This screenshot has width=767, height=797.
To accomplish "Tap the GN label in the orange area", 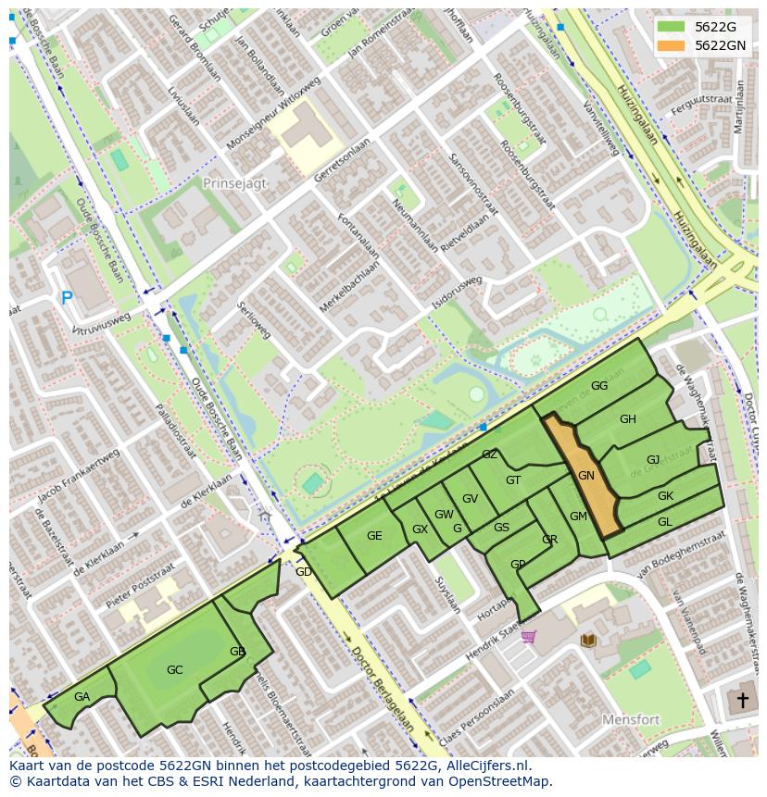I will pos(586,476).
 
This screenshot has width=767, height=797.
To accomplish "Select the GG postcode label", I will pos(599,386).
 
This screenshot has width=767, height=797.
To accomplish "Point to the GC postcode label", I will pos(174,669).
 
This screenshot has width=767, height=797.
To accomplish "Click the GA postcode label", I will pos(82,697).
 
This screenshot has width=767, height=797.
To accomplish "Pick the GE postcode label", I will pos(374,536).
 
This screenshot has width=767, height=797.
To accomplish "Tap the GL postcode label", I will pos(664,522).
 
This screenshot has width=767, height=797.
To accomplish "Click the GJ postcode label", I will pos(653,460).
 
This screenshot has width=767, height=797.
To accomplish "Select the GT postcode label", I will pos(513,479).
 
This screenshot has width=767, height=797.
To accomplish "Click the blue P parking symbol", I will pos(66,298).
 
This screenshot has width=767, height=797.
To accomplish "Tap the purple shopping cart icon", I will pos(528,636).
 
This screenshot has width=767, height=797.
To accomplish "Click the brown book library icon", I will pos(587,640).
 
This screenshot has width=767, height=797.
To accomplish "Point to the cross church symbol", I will pos(741,700).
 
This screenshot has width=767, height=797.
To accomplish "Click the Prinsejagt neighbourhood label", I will pos(234,183).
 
